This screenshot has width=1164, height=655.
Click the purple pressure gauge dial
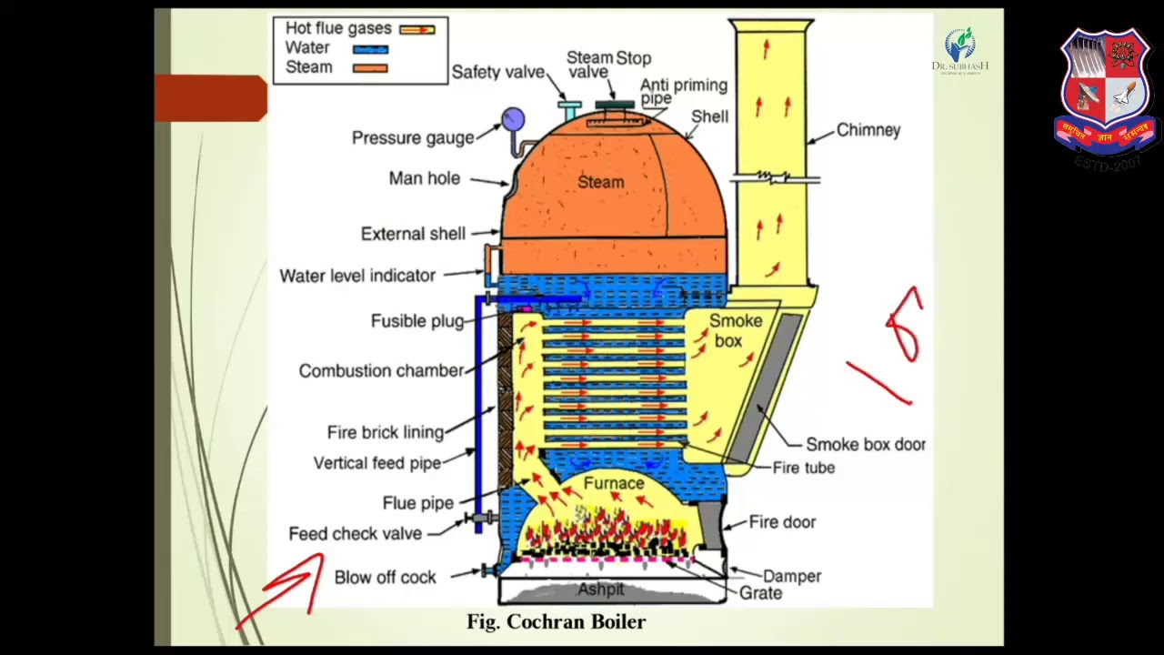513,119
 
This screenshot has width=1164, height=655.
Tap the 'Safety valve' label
497,73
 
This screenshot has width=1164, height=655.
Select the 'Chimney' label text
868,130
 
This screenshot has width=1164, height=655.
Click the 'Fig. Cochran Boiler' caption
556,622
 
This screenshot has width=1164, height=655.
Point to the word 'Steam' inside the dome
600,182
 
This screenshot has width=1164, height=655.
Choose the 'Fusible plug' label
416,321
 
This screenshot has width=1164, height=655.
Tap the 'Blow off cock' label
385,578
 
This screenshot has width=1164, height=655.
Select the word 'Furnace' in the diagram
614,484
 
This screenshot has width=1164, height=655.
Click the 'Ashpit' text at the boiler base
601,589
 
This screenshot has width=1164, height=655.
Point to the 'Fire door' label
782,522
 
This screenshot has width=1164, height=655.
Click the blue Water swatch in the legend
370,49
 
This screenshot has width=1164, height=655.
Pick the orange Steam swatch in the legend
370,68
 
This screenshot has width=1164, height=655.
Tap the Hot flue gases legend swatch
417,30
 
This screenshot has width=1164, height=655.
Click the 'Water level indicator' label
357,276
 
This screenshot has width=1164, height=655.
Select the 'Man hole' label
424,178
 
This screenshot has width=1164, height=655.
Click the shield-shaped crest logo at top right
1105,91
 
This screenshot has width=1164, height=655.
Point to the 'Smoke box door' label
866,445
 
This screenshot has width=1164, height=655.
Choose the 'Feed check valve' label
355,534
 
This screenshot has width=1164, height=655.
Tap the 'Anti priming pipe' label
683,91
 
